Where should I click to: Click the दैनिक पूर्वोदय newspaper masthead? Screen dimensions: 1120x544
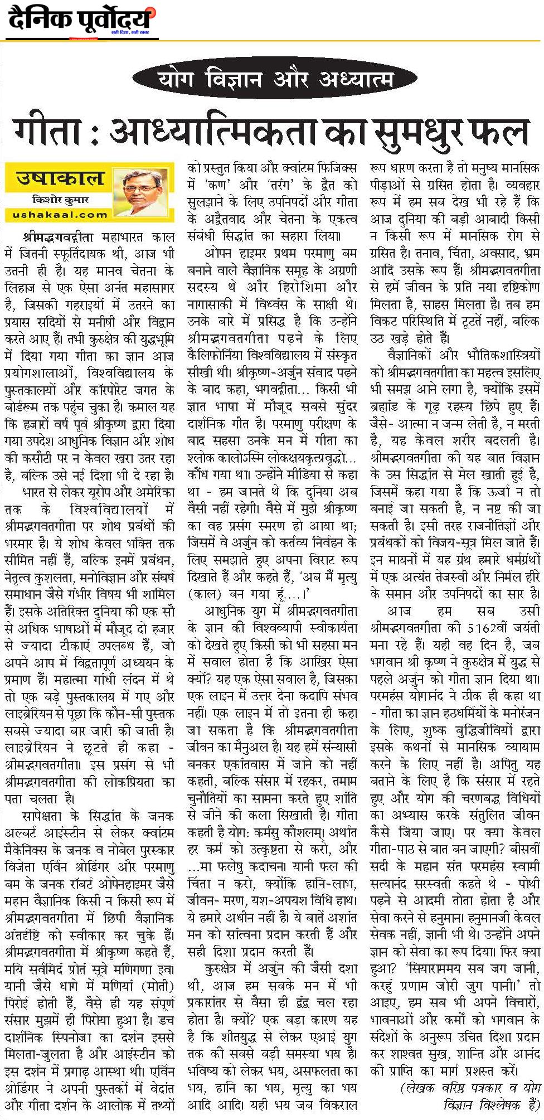(81, 21)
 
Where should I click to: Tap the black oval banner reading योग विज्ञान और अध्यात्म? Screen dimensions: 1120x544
(272, 79)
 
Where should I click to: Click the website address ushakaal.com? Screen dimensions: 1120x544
(59, 214)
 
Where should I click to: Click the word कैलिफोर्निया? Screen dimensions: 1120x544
(221, 354)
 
